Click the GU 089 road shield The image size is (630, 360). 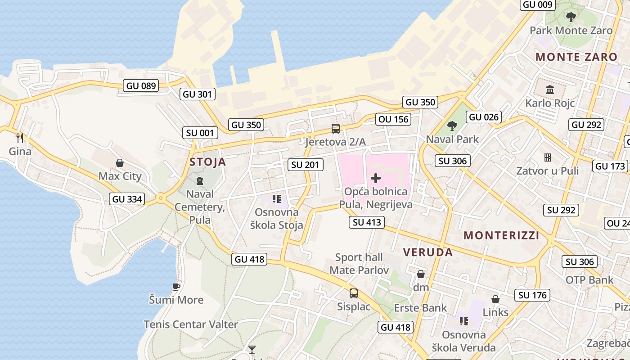(x=141, y=85)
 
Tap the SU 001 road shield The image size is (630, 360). (x=200, y=133)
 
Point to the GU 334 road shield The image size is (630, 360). (x=127, y=199)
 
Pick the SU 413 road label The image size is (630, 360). (x=367, y=222)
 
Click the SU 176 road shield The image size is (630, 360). (x=533, y=295)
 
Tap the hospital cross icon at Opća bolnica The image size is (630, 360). (x=375, y=178)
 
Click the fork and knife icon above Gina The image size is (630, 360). (x=20, y=137)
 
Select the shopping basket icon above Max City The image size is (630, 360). (x=120, y=163)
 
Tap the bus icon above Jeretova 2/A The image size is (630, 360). (x=335, y=129)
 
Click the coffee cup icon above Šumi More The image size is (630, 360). (x=176, y=287)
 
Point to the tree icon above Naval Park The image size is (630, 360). (x=452, y=126)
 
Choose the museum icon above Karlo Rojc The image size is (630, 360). (x=550, y=90)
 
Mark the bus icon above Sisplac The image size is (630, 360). (x=354, y=293)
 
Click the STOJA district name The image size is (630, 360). (x=207, y=162)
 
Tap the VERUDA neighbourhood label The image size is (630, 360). (x=428, y=252)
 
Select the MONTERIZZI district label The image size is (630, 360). (x=501, y=235)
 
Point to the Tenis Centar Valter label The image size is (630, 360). (x=191, y=324)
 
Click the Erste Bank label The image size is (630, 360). (x=420, y=308)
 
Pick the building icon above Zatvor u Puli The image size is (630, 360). (x=548, y=157)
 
